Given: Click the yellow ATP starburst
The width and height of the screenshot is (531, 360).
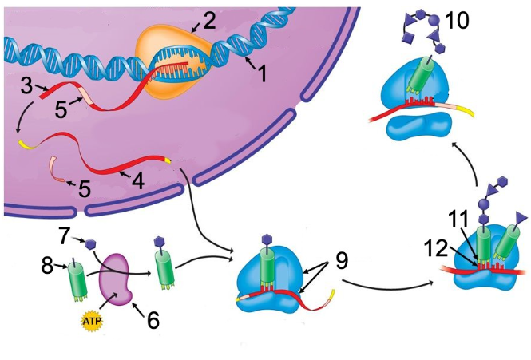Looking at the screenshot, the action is click(92, 320).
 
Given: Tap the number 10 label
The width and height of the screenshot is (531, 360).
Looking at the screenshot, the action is click(456, 21).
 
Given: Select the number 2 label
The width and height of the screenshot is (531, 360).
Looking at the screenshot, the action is click(209, 21).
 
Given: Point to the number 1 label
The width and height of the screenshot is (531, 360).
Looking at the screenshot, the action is click(262, 73).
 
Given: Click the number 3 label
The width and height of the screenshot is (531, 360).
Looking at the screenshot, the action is click(27, 85).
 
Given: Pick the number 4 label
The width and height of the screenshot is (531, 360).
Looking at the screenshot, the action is click(138, 180).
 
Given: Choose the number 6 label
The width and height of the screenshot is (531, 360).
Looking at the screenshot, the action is click(153, 320).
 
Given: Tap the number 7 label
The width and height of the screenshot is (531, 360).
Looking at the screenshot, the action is click(65, 236).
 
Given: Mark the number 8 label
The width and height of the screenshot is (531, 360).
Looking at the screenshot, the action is click(47, 266).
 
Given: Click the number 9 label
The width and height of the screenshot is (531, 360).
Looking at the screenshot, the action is click(342, 261).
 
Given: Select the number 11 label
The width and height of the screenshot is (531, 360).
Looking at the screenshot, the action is click(458, 219).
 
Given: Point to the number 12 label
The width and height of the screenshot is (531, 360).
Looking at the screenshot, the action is click(436, 249).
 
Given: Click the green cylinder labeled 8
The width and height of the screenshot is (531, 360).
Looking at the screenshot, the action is click(77, 281).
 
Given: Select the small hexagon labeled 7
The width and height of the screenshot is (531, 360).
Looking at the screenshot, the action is click(90, 244).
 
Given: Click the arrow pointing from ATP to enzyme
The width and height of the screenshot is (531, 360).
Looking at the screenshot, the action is click(108, 301).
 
